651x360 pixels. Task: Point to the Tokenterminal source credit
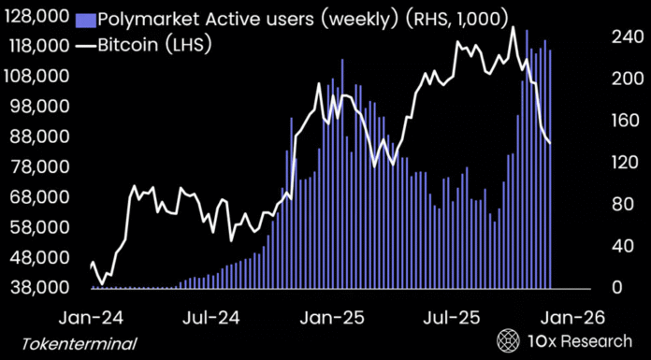79,343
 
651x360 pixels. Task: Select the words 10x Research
578,339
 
